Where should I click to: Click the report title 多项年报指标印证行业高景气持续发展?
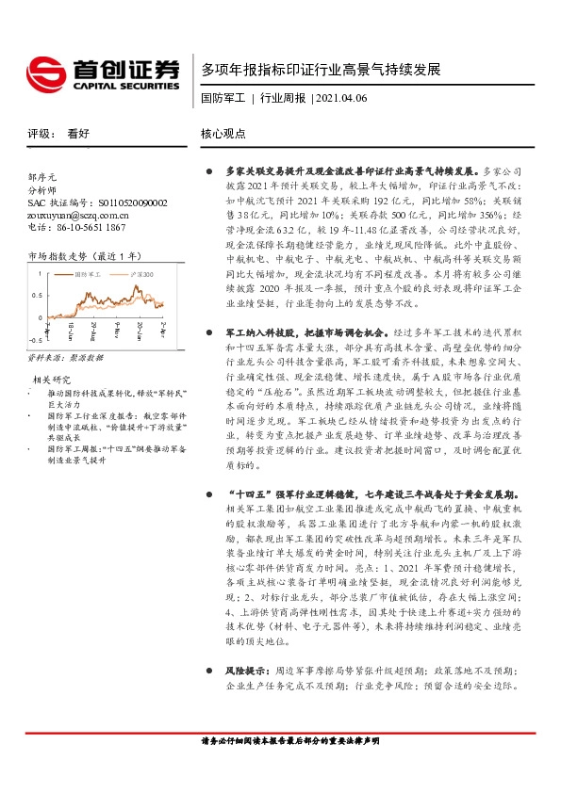(x=321, y=70)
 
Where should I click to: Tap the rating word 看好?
(x=78, y=134)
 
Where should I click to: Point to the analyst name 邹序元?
(x=42, y=176)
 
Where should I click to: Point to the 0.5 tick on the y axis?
(x=36, y=295)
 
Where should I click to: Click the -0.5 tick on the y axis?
(x=34, y=341)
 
